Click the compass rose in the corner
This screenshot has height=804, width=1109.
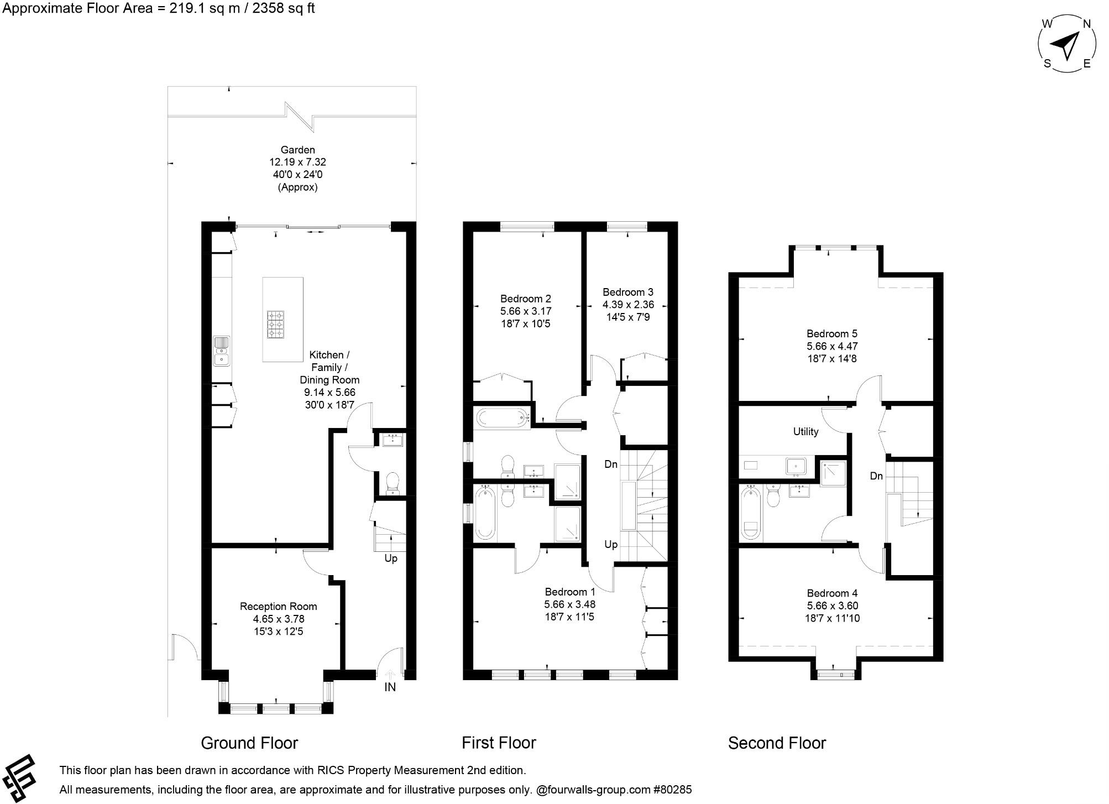click(1066, 44)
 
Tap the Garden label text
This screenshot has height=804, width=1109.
click(297, 150)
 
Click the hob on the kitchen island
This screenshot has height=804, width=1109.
click(275, 323)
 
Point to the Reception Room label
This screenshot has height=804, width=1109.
click(278, 607)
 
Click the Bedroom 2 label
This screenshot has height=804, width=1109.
click(525, 299)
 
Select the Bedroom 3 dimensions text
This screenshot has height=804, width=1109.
click(627, 311)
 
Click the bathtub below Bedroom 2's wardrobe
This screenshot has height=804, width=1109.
click(502, 417)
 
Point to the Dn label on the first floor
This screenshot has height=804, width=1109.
click(610, 464)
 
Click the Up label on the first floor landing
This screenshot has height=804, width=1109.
click(610, 545)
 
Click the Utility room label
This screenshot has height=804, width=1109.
click(805, 432)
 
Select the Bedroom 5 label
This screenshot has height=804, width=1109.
click(831, 334)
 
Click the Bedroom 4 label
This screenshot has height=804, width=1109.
click(831, 593)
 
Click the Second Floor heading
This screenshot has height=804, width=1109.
click(776, 743)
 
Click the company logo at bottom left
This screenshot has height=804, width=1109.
click(20, 777)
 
